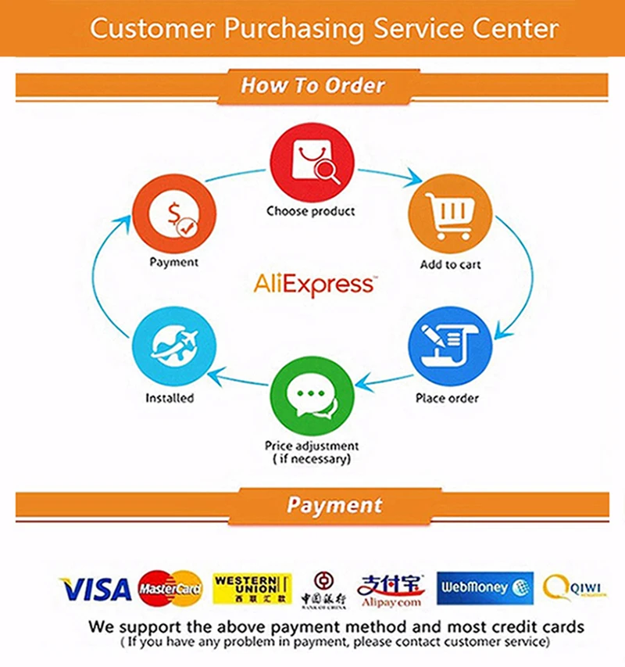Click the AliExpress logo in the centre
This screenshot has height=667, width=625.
coord(314,284)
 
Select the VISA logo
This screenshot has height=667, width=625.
coord(95,588)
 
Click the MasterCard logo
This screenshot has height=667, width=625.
coord(170,588)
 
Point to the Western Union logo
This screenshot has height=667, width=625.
coord(252,588)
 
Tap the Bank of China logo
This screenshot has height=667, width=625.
coord(323,588)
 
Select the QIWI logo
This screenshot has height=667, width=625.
coord(575,586)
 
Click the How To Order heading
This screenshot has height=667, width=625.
coord(312,84)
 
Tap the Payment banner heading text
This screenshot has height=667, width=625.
coord(334,505)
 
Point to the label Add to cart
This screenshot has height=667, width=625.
coord(450,264)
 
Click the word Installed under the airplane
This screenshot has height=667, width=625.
coord(170,398)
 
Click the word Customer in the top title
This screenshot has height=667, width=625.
coord(152,29)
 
